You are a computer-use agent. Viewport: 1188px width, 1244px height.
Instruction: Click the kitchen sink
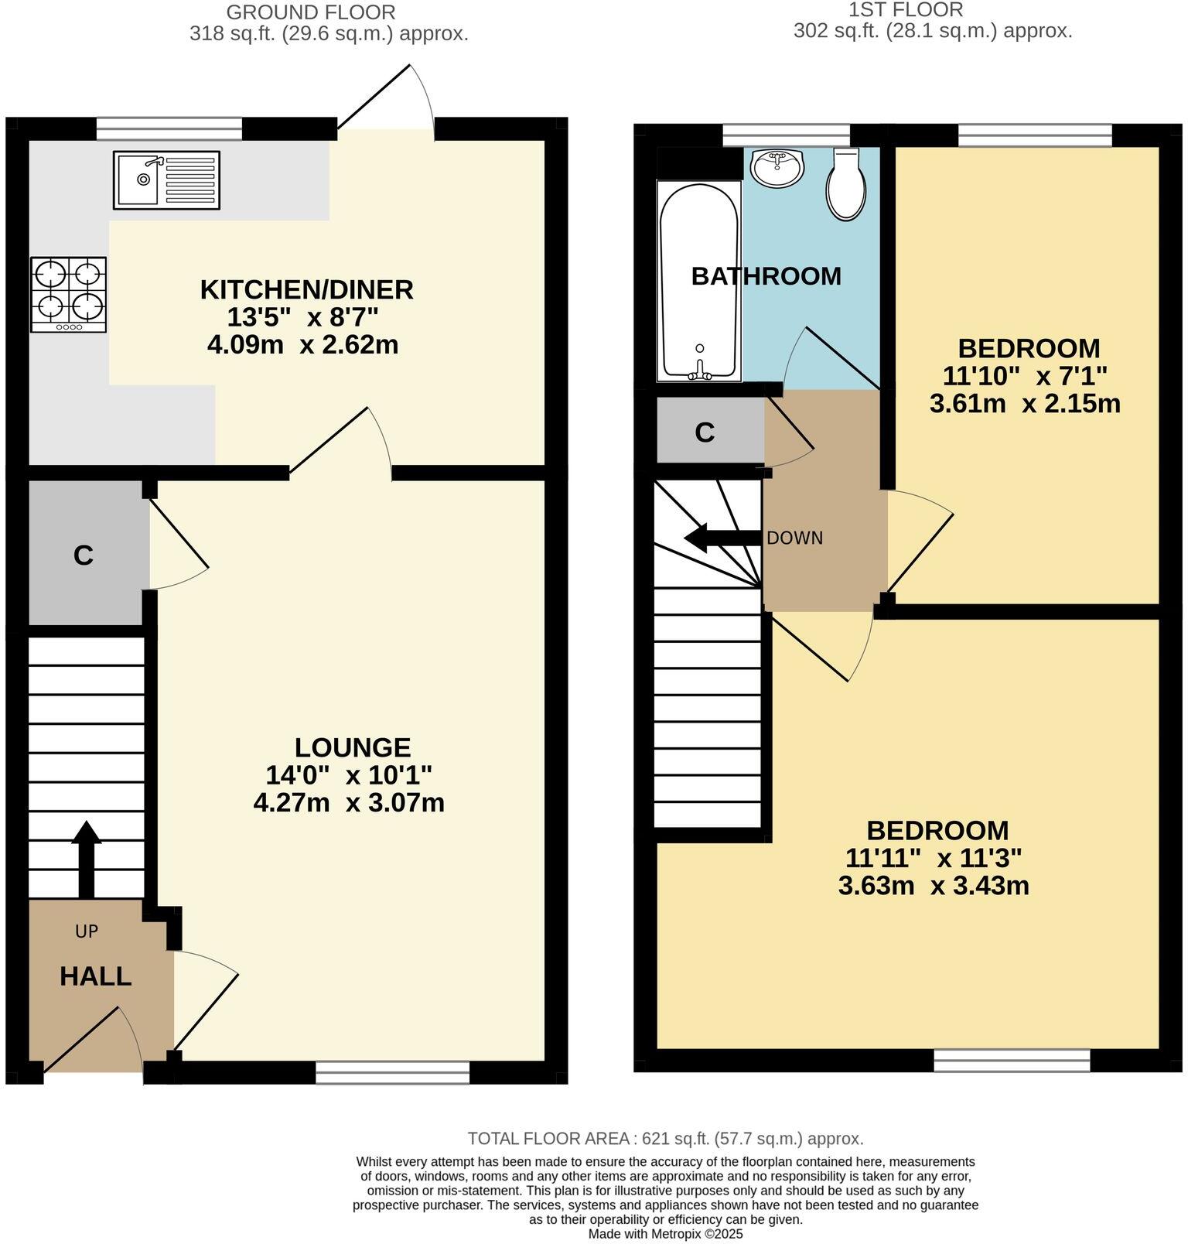[x=166, y=179]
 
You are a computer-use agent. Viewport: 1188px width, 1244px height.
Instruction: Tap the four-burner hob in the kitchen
[x=69, y=295]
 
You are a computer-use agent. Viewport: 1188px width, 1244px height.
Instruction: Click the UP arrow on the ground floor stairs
[x=86, y=860]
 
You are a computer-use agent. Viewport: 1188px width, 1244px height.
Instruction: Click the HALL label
[x=95, y=976]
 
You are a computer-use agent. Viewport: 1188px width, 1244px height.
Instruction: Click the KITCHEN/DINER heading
[x=307, y=289]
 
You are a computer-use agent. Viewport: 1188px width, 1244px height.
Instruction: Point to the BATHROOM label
[x=766, y=276]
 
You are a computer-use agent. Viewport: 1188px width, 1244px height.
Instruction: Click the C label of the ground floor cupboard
[x=84, y=555]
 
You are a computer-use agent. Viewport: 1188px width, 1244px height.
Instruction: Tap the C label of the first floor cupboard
[x=705, y=432]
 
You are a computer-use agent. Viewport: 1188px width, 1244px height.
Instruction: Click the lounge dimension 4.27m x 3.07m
[x=349, y=802]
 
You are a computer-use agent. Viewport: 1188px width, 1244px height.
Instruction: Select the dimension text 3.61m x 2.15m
[x=1025, y=403]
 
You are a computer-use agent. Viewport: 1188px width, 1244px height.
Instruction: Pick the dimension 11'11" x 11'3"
[x=934, y=857]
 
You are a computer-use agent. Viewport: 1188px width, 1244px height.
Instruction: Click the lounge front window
[x=393, y=1072]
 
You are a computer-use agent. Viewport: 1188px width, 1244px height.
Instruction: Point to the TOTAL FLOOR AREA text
[x=665, y=1139]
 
